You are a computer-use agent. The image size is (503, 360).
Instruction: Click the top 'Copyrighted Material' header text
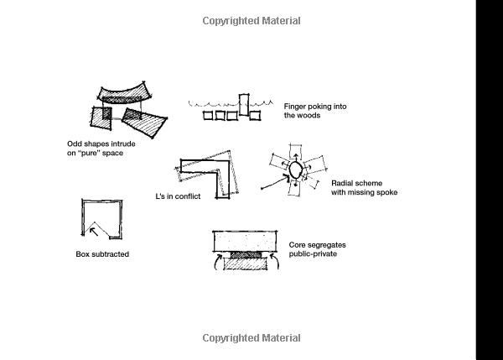coord(251,21)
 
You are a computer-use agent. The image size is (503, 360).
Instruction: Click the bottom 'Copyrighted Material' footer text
coord(251,338)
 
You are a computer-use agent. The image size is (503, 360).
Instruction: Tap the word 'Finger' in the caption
coord(296,106)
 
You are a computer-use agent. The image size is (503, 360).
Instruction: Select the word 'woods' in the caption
coord(309,116)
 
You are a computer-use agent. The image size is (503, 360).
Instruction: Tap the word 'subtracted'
coord(110,254)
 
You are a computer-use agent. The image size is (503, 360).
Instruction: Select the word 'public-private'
coord(312,253)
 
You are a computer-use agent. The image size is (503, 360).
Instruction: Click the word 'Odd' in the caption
coord(75,143)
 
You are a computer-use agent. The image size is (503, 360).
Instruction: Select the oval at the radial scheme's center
coord(295,170)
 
